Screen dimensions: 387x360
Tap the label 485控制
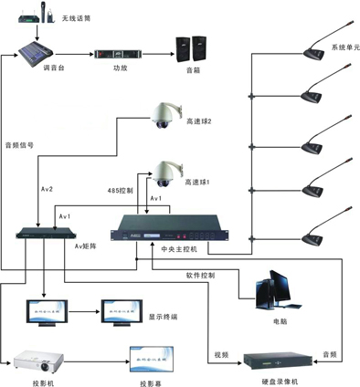(x=121, y=192)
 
